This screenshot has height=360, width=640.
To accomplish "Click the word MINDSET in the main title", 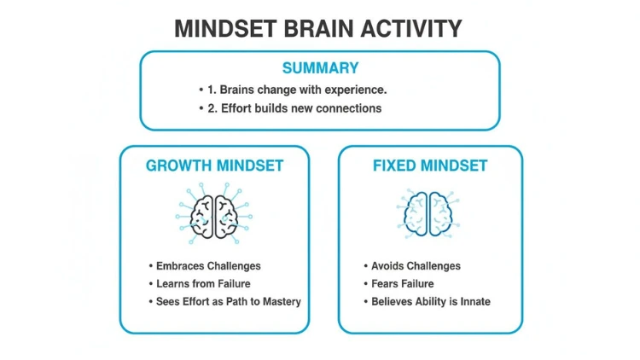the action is [x=226, y=28].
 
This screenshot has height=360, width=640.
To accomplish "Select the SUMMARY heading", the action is [x=320, y=67].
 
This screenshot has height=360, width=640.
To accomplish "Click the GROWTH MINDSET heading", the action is [x=215, y=165].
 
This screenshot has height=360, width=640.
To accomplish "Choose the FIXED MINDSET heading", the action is [x=430, y=165].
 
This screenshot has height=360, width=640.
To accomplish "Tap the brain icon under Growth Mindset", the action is [x=214, y=213].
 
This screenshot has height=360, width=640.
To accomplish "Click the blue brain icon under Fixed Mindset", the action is [x=428, y=213].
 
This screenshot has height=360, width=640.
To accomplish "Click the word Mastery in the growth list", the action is [x=282, y=302].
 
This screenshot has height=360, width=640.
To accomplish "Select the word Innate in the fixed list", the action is [x=475, y=302].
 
